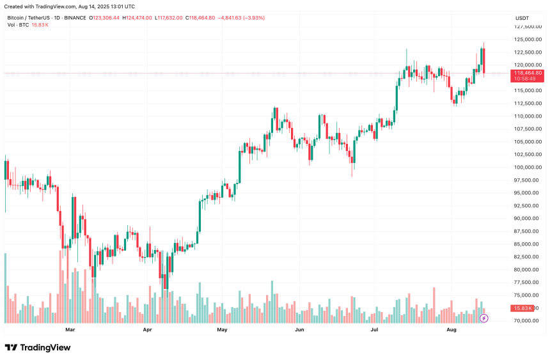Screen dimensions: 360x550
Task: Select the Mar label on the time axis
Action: tap(70, 331)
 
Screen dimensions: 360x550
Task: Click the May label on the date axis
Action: tap(222, 331)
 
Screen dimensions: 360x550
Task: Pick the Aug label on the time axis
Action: tap(452, 331)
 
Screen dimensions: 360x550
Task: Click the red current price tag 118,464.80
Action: tap(528, 74)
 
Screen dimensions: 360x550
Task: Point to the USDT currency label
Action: tap(522, 18)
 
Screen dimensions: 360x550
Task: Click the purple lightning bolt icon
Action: tap(484, 317)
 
